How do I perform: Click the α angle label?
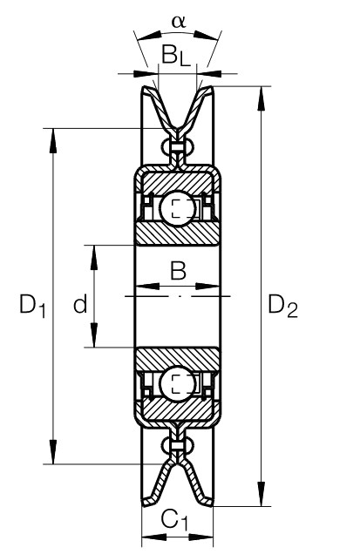pyautogui.click(x=178, y=22)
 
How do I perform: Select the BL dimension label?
pyautogui.click(x=176, y=56)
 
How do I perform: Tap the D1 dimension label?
pyautogui.click(x=32, y=306)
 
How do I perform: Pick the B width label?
pyautogui.click(x=178, y=270)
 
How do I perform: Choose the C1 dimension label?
pyautogui.click(x=174, y=520)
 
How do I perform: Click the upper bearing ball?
pyautogui.click(x=177, y=208)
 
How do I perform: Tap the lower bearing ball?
pyautogui.click(x=177, y=383)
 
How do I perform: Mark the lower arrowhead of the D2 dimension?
pyautogui.click(x=262, y=494)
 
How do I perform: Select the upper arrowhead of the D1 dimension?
pyautogui.click(x=53, y=140)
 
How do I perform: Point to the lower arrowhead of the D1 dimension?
pyautogui.click(x=53, y=451)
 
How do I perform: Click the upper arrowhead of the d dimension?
pyautogui.click(x=94, y=258)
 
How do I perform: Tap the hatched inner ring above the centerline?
pyautogui.click(x=177, y=234)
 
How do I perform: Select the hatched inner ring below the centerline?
pyautogui.click(x=177, y=359)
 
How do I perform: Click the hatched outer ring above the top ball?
pyautogui.click(x=177, y=183)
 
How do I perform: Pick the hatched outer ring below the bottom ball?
pyautogui.click(x=177, y=410)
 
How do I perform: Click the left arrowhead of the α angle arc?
pyautogui.click(x=148, y=36)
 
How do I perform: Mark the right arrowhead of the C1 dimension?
pyautogui.click(x=200, y=537)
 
